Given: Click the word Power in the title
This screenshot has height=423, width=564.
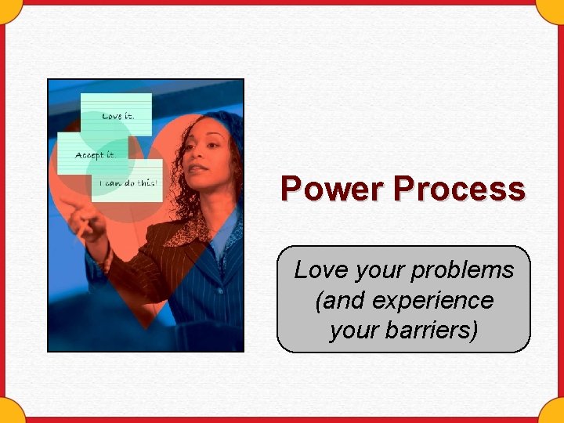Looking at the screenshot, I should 333,189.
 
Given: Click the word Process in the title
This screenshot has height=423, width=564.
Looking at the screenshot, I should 459,189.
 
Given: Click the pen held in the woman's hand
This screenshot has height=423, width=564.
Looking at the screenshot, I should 81,231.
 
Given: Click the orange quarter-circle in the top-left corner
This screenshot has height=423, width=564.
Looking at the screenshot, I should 8,8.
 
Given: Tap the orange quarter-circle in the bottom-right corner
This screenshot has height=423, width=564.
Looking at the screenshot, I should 555,414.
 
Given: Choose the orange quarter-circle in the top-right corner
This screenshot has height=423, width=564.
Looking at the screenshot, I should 555,8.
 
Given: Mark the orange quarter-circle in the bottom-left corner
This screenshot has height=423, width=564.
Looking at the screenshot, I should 8,414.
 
